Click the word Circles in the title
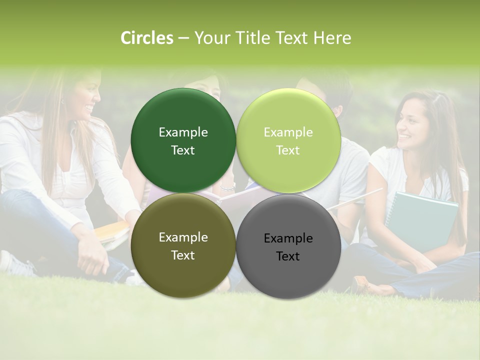[x=147, y=38]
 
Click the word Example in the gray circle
[x=288, y=238]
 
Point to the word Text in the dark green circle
[x=183, y=150]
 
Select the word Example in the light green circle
[x=288, y=132]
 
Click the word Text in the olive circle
[x=183, y=255]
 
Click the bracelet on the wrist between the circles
[x=228, y=187]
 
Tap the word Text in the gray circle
[x=288, y=256]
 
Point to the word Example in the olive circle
[x=183, y=237]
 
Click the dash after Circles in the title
[x=183, y=38]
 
